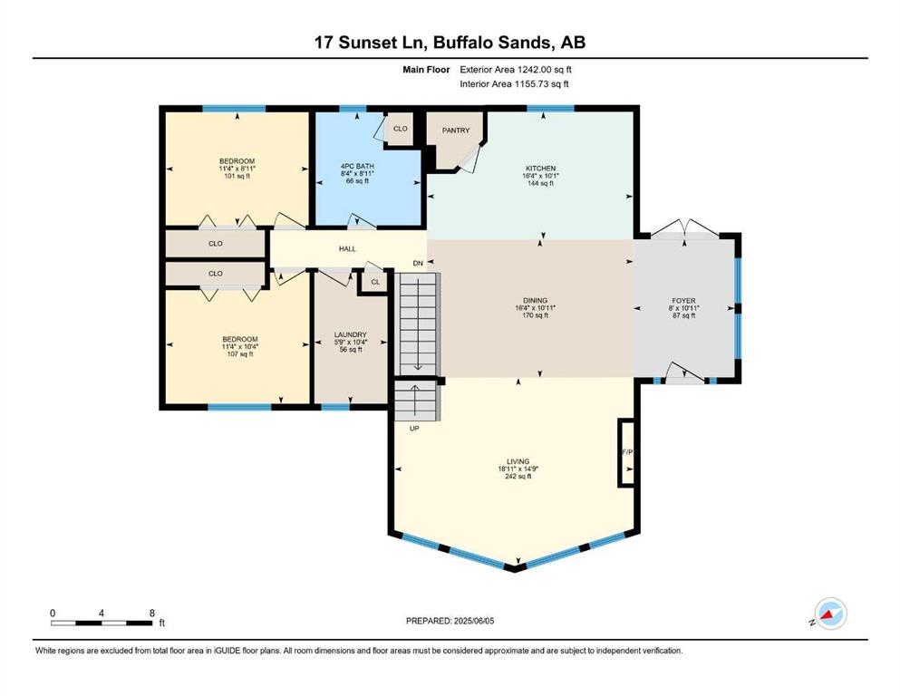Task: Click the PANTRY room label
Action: click(x=456, y=130)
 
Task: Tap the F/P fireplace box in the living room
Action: click(x=626, y=453)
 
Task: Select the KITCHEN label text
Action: click(x=541, y=169)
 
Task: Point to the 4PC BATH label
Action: click(x=357, y=166)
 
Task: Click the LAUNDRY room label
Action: click(x=350, y=334)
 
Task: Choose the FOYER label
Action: click(x=683, y=301)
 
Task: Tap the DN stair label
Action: click(x=418, y=264)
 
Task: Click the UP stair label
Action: click(x=414, y=428)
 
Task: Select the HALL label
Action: click(x=347, y=248)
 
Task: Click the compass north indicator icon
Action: click(x=830, y=614)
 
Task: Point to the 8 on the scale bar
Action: click(x=152, y=613)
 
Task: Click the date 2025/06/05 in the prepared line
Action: click(x=474, y=621)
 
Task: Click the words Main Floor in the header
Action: click(x=426, y=70)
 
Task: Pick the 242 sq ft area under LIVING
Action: click(x=518, y=477)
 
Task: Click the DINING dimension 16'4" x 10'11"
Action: click(x=535, y=308)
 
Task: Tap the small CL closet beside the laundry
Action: click(x=375, y=282)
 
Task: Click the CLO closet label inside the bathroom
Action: click(x=400, y=129)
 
